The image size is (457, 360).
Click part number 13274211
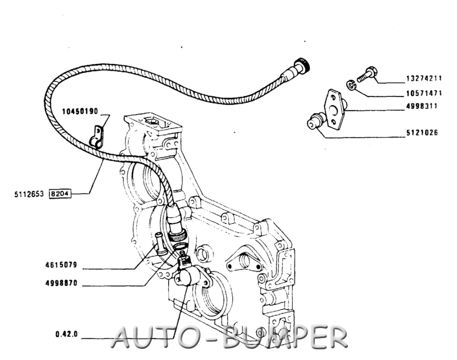[x=424, y=78]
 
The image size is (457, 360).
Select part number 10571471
[x=424, y=93]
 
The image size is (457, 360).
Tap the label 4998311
[x=422, y=106]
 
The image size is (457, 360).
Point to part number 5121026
[x=422, y=133]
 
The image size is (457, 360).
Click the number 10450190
[x=80, y=111]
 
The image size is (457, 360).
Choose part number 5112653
[x=29, y=194]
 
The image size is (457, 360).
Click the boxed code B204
[x=60, y=194]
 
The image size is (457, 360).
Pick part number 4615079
[x=61, y=265]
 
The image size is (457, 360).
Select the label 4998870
[x=61, y=283]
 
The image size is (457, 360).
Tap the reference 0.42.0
[x=67, y=334]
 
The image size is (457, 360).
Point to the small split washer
[x=351, y=85]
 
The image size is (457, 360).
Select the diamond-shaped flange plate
[x=334, y=109]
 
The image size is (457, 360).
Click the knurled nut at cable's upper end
[x=302, y=66]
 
